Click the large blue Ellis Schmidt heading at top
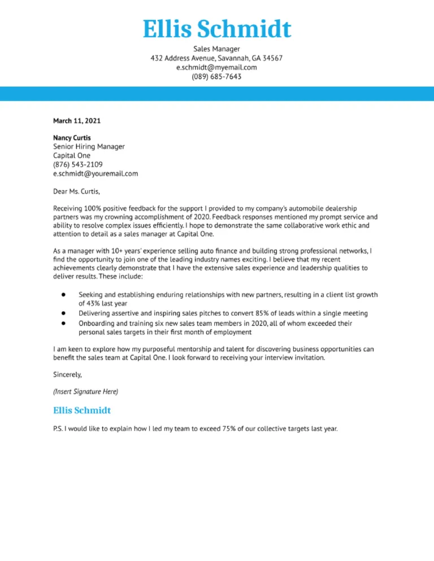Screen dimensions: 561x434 pyautogui.click(x=216, y=29)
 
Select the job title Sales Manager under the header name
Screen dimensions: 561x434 pyautogui.click(x=216, y=49)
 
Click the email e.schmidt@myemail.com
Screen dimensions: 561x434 pyautogui.click(x=216, y=67)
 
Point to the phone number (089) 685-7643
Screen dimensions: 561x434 pyautogui.click(x=216, y=76)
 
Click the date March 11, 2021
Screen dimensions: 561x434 pyautogui.click(x=77, y=120)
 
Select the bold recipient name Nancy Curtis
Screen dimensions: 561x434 pyautogui.click(x=72, y=138)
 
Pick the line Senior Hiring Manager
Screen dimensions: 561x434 pyautogui.click(x=89, y=147)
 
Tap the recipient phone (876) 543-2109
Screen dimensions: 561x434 pyautogui.click(x=78, y=165)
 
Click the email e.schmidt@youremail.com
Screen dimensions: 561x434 pyautogui.click(x=96, y=174)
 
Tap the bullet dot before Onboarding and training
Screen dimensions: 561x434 pyautogui.click(x=64, y=323)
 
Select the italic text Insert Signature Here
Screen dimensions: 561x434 pyautogui.click(x=85, y=391)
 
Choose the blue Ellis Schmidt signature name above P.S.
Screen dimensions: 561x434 pyautogui.click(x=82, y=410)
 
